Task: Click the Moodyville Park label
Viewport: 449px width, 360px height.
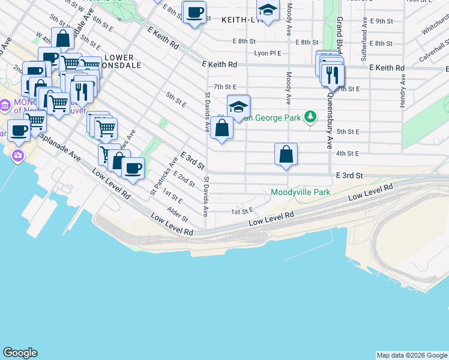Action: [300, 193]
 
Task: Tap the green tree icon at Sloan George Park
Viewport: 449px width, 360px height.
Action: [310, 116]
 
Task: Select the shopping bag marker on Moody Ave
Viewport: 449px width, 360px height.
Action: [286, 155]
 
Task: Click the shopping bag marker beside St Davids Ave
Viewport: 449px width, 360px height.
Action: [221, 128]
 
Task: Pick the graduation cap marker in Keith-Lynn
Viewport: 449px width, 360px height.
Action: [267, 10]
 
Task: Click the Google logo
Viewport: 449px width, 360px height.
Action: [20, 353]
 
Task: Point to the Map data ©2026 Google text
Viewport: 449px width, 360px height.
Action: [412, 355]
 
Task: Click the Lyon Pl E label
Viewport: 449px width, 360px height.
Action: [267, 53]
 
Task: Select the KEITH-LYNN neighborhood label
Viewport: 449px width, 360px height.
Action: [240, 20]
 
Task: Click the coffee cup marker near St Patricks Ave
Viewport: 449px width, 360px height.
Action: [133, 168]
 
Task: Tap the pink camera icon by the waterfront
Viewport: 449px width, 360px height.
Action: [17, 156]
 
